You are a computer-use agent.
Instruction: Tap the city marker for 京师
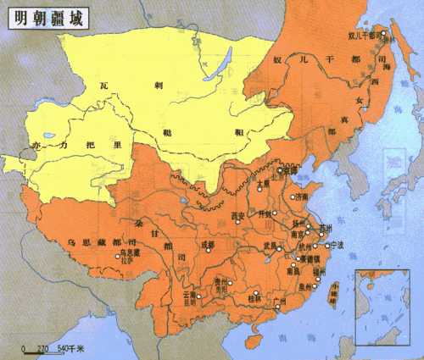click(279, 170)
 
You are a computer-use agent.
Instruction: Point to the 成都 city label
click(208, 244)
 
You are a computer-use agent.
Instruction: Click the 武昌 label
click(271, 245)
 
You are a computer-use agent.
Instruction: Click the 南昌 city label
click(293, 273)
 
